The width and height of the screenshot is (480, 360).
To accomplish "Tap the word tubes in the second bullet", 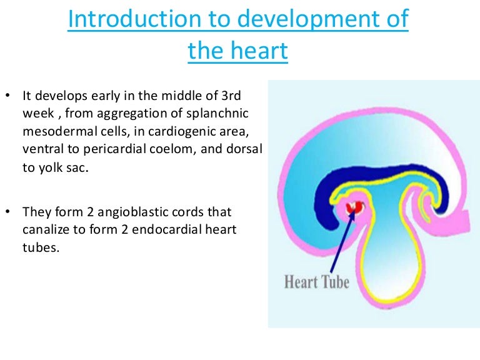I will click(x=37, y=247).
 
